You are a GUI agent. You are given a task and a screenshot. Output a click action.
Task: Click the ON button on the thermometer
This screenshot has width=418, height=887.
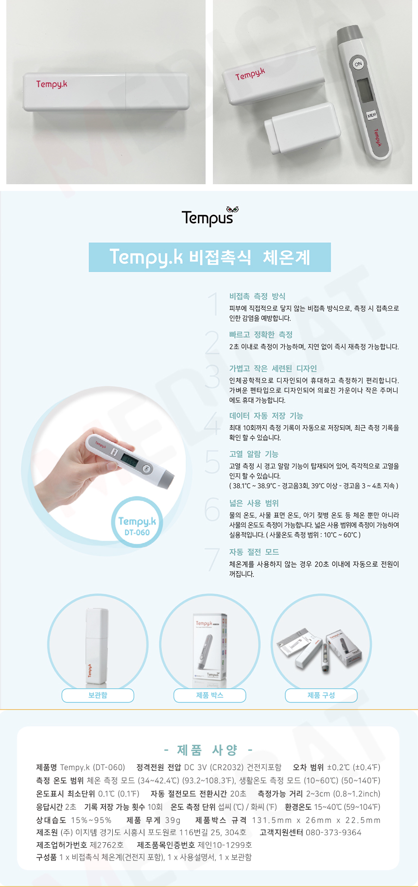(358, 64)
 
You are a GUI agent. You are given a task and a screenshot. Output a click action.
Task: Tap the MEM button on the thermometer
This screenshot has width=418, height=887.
(372, 115)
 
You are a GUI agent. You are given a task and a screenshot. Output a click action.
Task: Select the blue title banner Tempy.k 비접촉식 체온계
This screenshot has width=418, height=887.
(209, 257)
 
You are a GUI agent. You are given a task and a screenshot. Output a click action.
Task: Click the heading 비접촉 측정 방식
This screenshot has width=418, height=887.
(257, 296)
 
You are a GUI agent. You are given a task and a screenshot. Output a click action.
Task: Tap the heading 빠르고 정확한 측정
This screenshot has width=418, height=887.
(261, 334)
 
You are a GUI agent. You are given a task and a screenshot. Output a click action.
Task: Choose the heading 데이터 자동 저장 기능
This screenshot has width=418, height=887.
(266, 416)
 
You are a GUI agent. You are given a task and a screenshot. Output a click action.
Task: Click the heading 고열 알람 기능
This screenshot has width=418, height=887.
(254, 454)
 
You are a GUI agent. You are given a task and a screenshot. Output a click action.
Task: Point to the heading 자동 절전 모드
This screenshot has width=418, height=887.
(254, 552)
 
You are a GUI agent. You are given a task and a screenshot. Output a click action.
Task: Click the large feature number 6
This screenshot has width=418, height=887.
(212, 509)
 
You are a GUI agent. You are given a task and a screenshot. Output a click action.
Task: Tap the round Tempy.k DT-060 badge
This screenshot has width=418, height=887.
(137, 525)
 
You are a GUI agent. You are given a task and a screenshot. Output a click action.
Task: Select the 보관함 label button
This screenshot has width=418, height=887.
(98, 696)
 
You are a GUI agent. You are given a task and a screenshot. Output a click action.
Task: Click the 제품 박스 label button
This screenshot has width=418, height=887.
(209, 696)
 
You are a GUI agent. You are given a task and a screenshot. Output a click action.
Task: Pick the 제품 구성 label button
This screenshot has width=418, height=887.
(321, 696)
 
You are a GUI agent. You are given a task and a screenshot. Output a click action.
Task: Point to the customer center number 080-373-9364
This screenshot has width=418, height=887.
(333, 833)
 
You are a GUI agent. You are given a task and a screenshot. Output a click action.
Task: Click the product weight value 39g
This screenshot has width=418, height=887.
(173, 820)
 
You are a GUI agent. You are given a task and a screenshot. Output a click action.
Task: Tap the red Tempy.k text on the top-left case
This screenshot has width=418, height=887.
(52, 84)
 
